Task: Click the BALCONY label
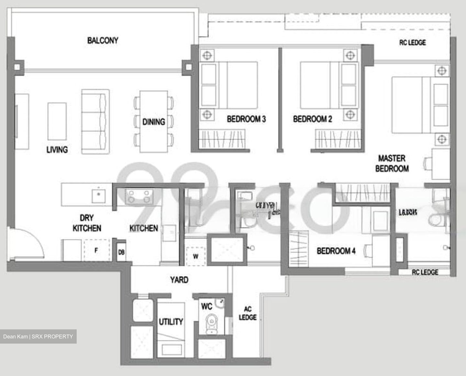click(x=103, y=40)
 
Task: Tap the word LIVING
click(x=57, y=150)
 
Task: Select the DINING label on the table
click(x=153, y=122)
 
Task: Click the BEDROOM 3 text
click(x=246, y=119)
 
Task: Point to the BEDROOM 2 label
click(x=312, y=119)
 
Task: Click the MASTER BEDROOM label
click(x=392, y=164)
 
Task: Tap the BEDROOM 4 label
click(x=336, y=251)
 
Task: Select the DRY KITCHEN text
click(x=87, y=223)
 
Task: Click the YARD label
click(x=179, y=279)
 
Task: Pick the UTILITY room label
click(x=171, y=322)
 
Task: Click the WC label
click(x=206, y=306)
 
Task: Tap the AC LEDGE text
click(x=248, y=313)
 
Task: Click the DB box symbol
click(x=121, y=252)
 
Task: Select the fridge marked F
click(x=96, y=250)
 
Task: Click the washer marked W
click(x=195, y=256)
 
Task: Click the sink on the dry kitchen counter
click(x=99, y=194)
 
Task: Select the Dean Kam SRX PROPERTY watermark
click(x=38, y=336)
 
